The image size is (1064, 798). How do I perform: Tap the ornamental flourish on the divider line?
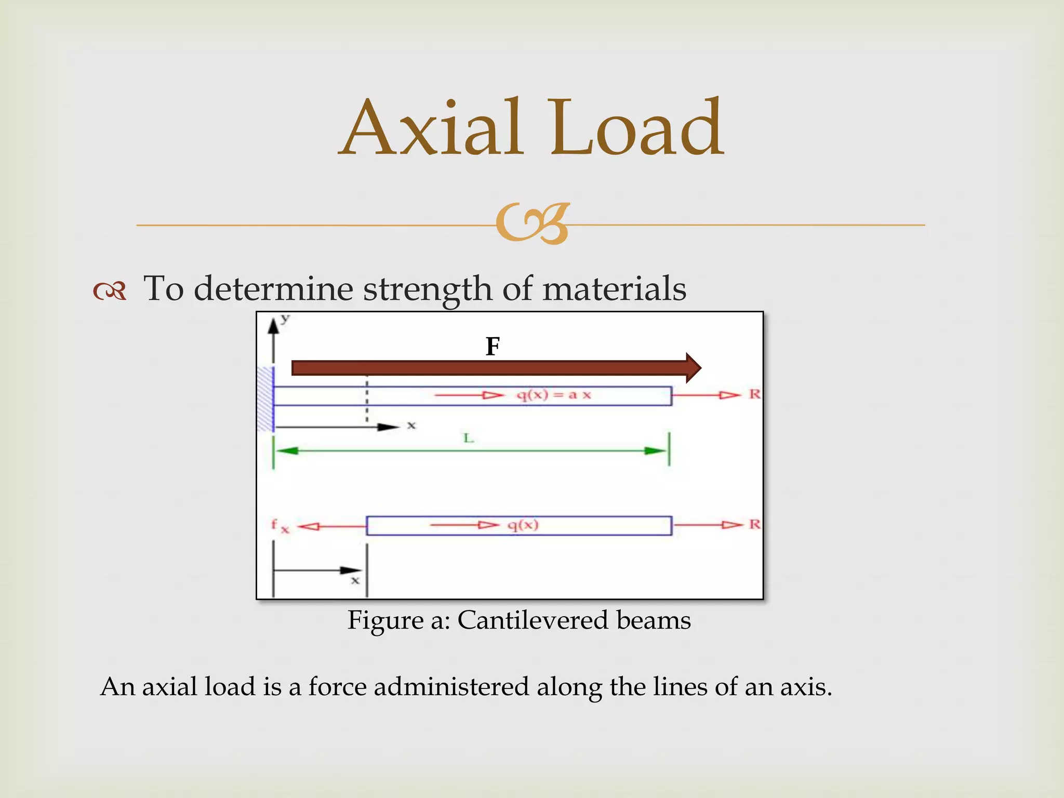pos(533,224)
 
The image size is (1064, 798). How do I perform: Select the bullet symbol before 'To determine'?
pos(110,291)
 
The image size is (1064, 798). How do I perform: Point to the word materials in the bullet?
pos(614,289)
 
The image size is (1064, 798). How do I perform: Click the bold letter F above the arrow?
pos(493,347)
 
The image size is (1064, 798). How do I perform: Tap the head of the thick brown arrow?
pos(693,368)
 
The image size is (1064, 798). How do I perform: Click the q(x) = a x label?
pos(554,395)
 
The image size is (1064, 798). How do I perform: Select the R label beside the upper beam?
pos(754,394)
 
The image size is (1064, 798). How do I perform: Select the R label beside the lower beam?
pos(754,524)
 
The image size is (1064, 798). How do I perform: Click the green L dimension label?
pos(469,438)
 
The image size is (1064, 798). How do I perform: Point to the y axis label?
pos(285,318)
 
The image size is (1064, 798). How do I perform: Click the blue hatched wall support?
pos(265,398)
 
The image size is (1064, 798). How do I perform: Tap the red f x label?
pos(280,526)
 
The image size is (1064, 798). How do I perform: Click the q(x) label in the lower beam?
pos(523,525)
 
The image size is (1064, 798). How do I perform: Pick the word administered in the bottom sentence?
pos(451,687)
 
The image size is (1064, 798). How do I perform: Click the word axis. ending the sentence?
pos(806,687)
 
